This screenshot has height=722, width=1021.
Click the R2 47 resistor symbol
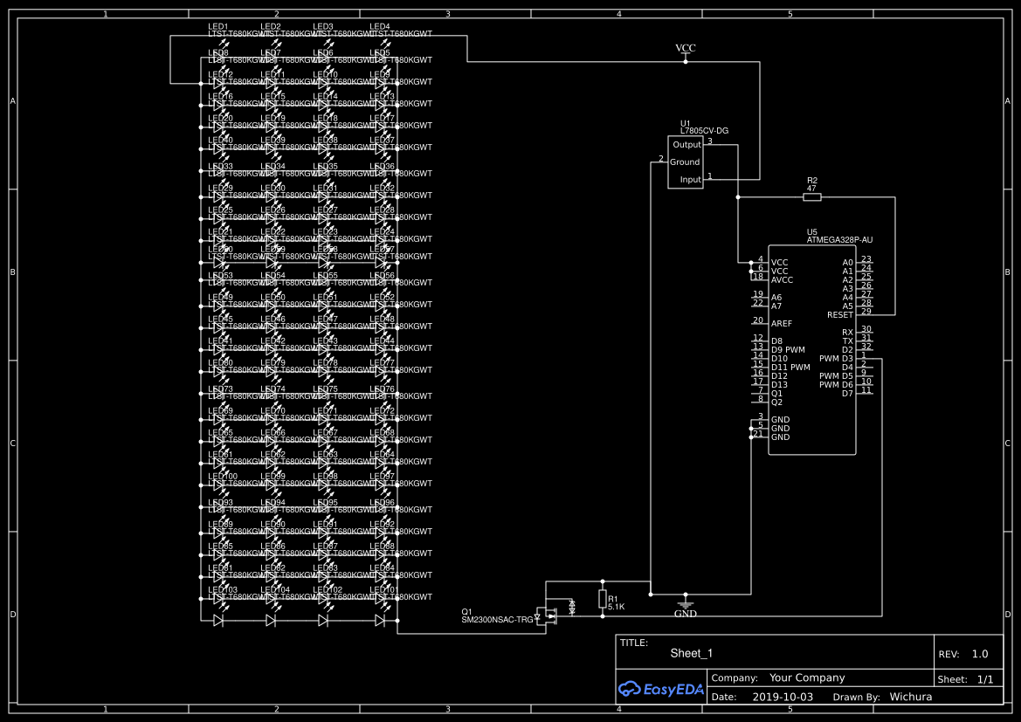click(811, 197)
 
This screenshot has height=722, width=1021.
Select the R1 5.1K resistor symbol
click(603, 598)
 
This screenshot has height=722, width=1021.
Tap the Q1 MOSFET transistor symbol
click(549, 615)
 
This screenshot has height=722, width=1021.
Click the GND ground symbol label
click(686, 614)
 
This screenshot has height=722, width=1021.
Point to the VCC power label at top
click(686, 47)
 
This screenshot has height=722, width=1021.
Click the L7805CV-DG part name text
click(704, 131)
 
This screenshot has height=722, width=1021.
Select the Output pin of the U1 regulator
click(686, 145)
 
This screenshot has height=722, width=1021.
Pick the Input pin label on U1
click(690, 180)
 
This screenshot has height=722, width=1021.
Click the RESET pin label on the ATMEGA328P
click(840, 314)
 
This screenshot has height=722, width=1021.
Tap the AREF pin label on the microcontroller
click(782, 323)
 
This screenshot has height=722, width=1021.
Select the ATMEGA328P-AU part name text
click(839, 239)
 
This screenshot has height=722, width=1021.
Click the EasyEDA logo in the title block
click(658, 689)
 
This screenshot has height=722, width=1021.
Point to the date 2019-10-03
click(783, 697)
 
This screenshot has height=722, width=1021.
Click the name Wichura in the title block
click(911, 697)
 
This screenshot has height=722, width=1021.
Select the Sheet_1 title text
click(692, 653)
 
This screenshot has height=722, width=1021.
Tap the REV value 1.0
click(979, 653)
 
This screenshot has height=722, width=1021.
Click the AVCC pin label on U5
click(782, 279)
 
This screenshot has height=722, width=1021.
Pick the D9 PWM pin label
click(788, 349)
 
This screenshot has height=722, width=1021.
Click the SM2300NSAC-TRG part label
click(497, 619)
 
